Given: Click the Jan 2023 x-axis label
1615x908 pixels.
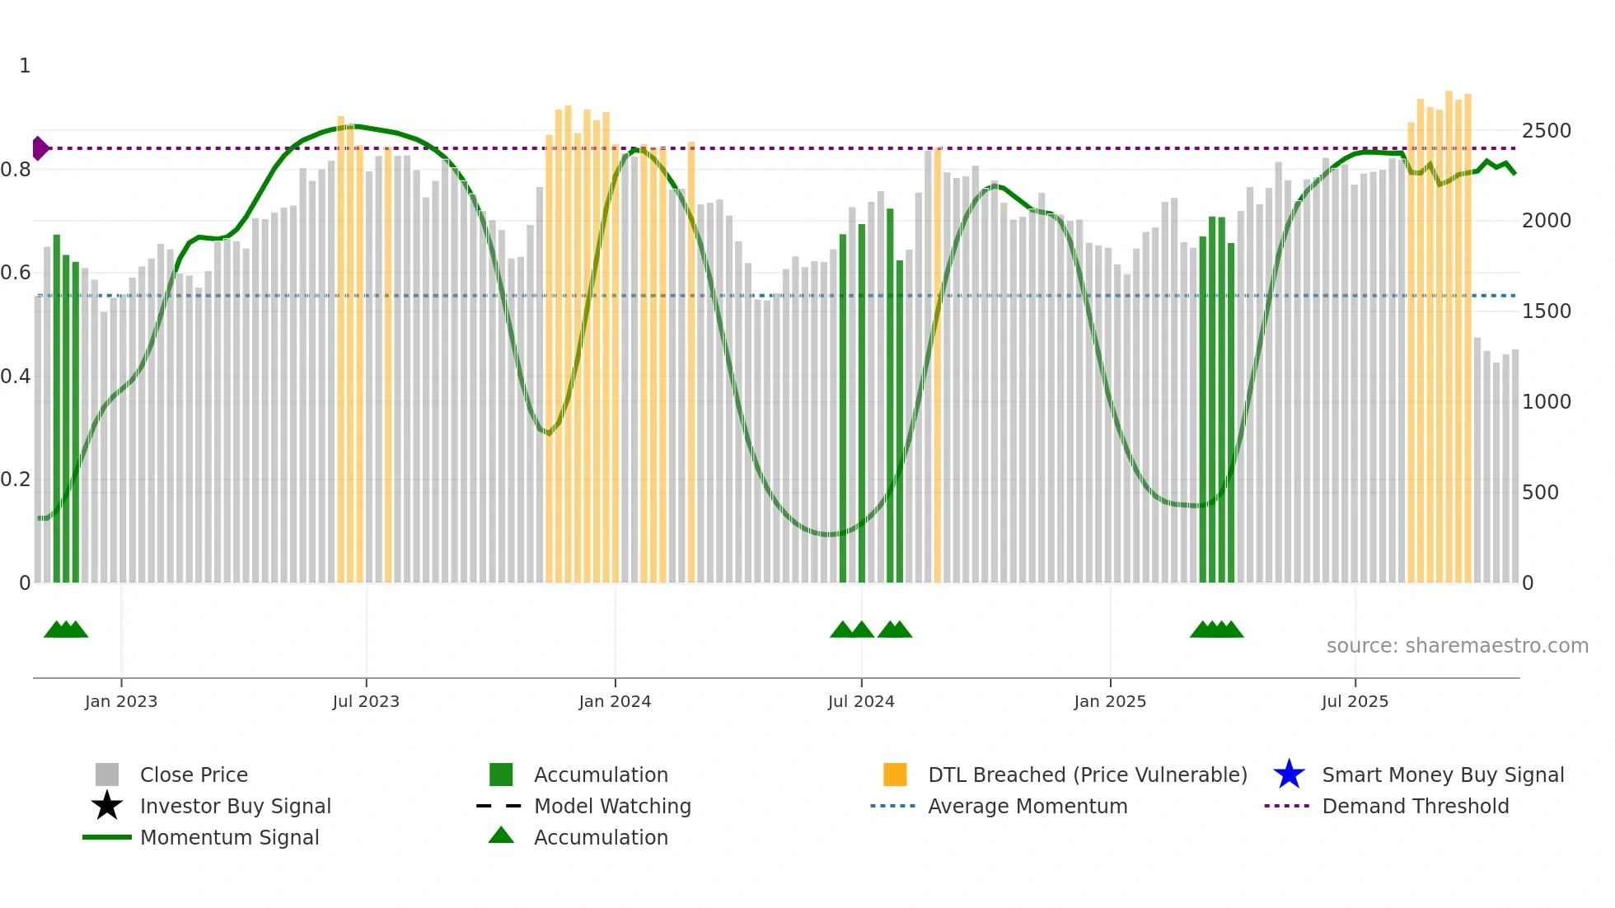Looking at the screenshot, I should pos(120,701).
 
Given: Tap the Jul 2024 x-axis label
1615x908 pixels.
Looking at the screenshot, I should pos(861,701).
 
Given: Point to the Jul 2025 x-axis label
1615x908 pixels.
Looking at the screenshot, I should pos(1355,701).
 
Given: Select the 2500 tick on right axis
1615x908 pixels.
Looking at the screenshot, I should pos(1546,131).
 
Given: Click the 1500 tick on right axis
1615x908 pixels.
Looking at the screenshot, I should pos(1546,311).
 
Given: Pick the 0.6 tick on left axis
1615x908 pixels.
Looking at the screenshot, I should pos(16,273).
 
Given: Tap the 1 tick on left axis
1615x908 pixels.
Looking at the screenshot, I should pos(25,66).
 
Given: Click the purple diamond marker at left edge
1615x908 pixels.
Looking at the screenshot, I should pos(40,148).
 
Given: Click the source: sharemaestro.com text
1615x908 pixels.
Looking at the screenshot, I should pos(1457,646).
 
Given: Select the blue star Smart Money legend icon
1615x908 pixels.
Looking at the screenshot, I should pos(1289,775).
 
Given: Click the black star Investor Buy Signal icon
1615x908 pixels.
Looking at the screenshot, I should pos(107,806).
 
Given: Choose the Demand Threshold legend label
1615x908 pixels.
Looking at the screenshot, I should pos(1415,806).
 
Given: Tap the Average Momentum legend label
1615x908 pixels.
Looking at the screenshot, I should pos(1027,806).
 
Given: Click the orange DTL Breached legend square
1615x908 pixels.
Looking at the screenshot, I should pos(895,775).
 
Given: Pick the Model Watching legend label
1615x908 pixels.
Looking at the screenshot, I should pos(612,806).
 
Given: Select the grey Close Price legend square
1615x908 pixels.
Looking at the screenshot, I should pos(107,775).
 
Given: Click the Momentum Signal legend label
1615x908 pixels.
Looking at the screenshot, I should pos(229,837).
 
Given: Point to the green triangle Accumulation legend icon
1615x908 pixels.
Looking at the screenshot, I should pos(501,835).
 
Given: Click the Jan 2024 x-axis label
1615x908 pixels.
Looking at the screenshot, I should pos(615,701).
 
